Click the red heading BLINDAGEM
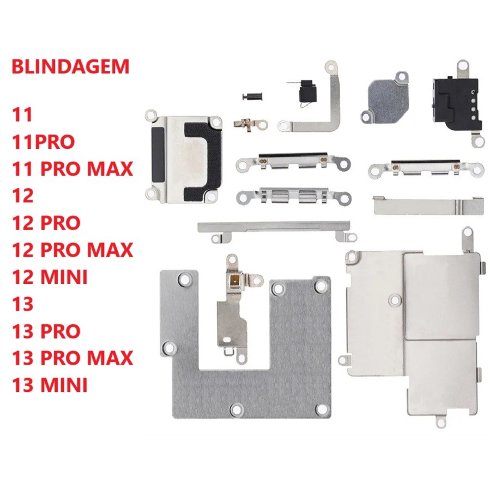pyautogui.click(x=70, y=66)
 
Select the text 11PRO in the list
pyautogui.click(x=43, y=142)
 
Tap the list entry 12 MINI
pyautogui.click(x=50, y=277)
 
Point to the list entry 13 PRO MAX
pyautogui.click(x=72, y=358)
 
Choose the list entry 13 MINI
pyautogui.click(x=50, y=385)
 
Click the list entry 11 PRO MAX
pyautogui.click(x=72, y=169)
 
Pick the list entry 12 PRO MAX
pyautogui.click(x=72, y=250)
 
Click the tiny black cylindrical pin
pyautogui.click(x=252, y=96)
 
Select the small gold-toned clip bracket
pyautogui.click(x=250, y=125)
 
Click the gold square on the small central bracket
pyautogui.click(x=233, y=280)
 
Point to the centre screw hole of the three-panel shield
pyautogui.click(x=395, y=300)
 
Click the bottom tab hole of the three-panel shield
pyautogui.click(x=440, y=423)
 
